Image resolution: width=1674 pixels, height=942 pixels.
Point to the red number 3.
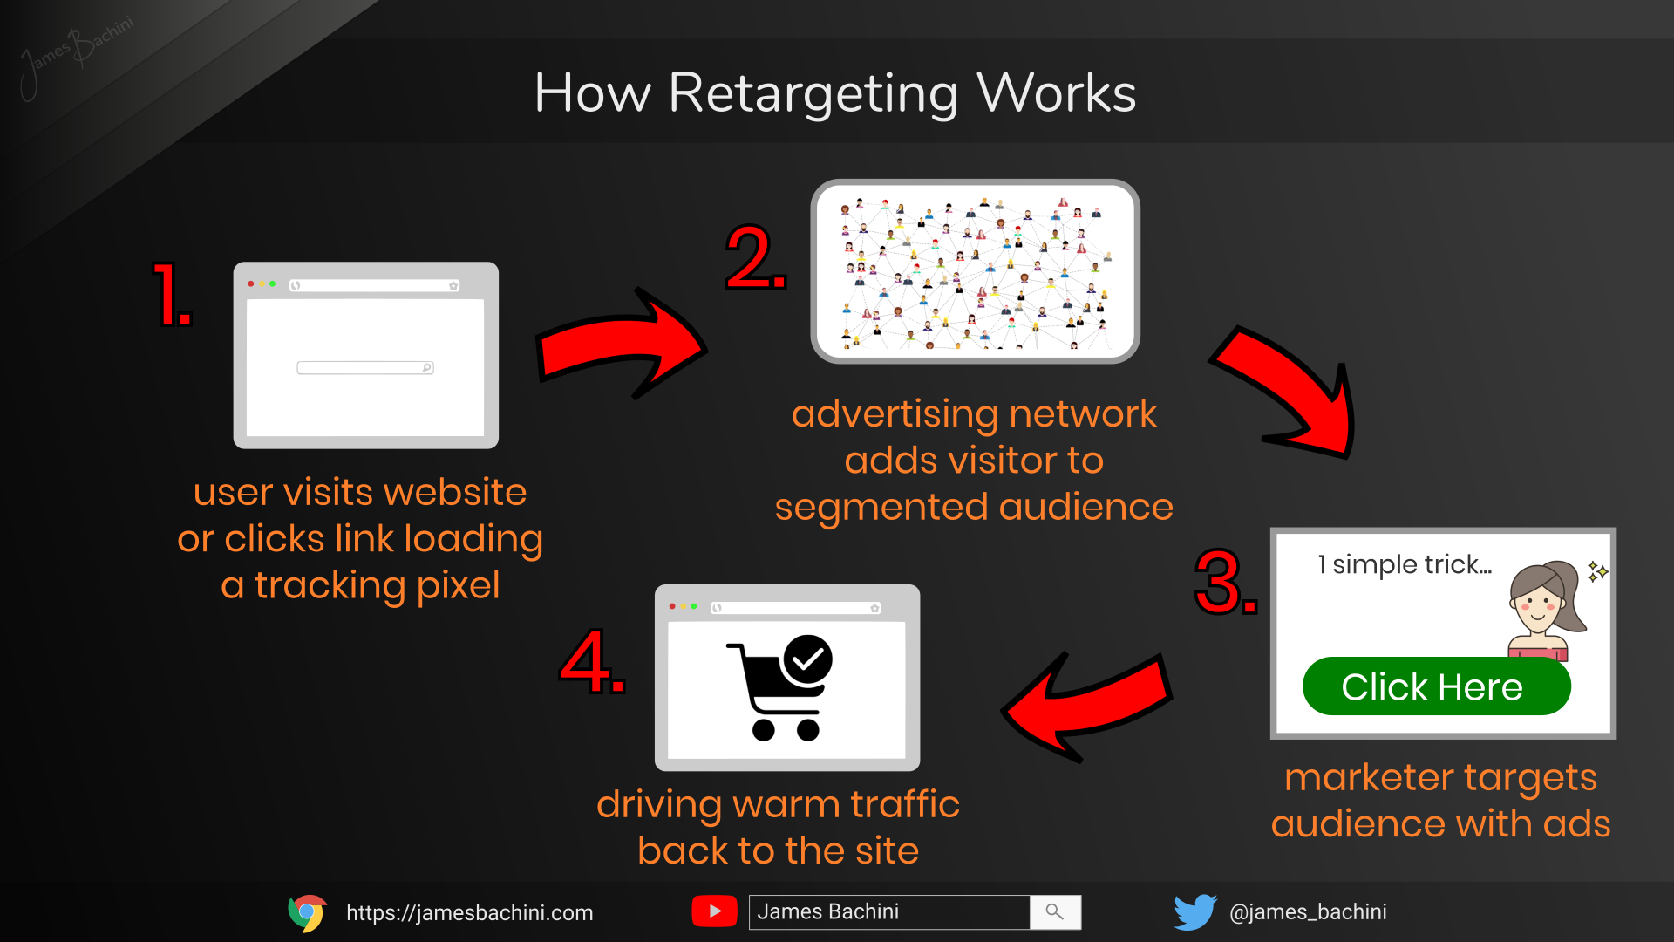pyautogui.click(x=1224, y=582)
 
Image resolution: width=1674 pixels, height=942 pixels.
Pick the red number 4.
pyautogui.click(x=592, y=662)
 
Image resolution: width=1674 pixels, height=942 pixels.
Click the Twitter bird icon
pyautogui.click(x=1194, y=912)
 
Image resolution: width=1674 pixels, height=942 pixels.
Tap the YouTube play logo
pyautogui.click(x=714, y=911)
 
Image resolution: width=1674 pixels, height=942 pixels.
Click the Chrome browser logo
pyautogui.click(x=307, y=912)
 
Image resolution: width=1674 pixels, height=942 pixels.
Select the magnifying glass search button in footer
pyautogui.click(x=1055, y=912)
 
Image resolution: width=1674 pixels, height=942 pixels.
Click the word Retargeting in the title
pyautogui.click(x=813, y=93)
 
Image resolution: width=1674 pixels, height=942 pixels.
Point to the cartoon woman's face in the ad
pyautogui.click(x=1538, y=600)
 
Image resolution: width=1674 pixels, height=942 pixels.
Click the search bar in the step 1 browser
pyautogui.click(x=364, y=368)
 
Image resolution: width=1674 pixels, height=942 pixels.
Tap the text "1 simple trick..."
pyautogui.click(x=1404, y=565)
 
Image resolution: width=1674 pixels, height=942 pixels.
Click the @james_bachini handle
pyautogui.click(x=1307, y=912)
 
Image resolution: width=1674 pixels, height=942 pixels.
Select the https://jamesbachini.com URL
pyautogui.click(x=469, y=913)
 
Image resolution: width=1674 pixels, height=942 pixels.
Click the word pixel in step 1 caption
pyautogui.click(x=458, y=586)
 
